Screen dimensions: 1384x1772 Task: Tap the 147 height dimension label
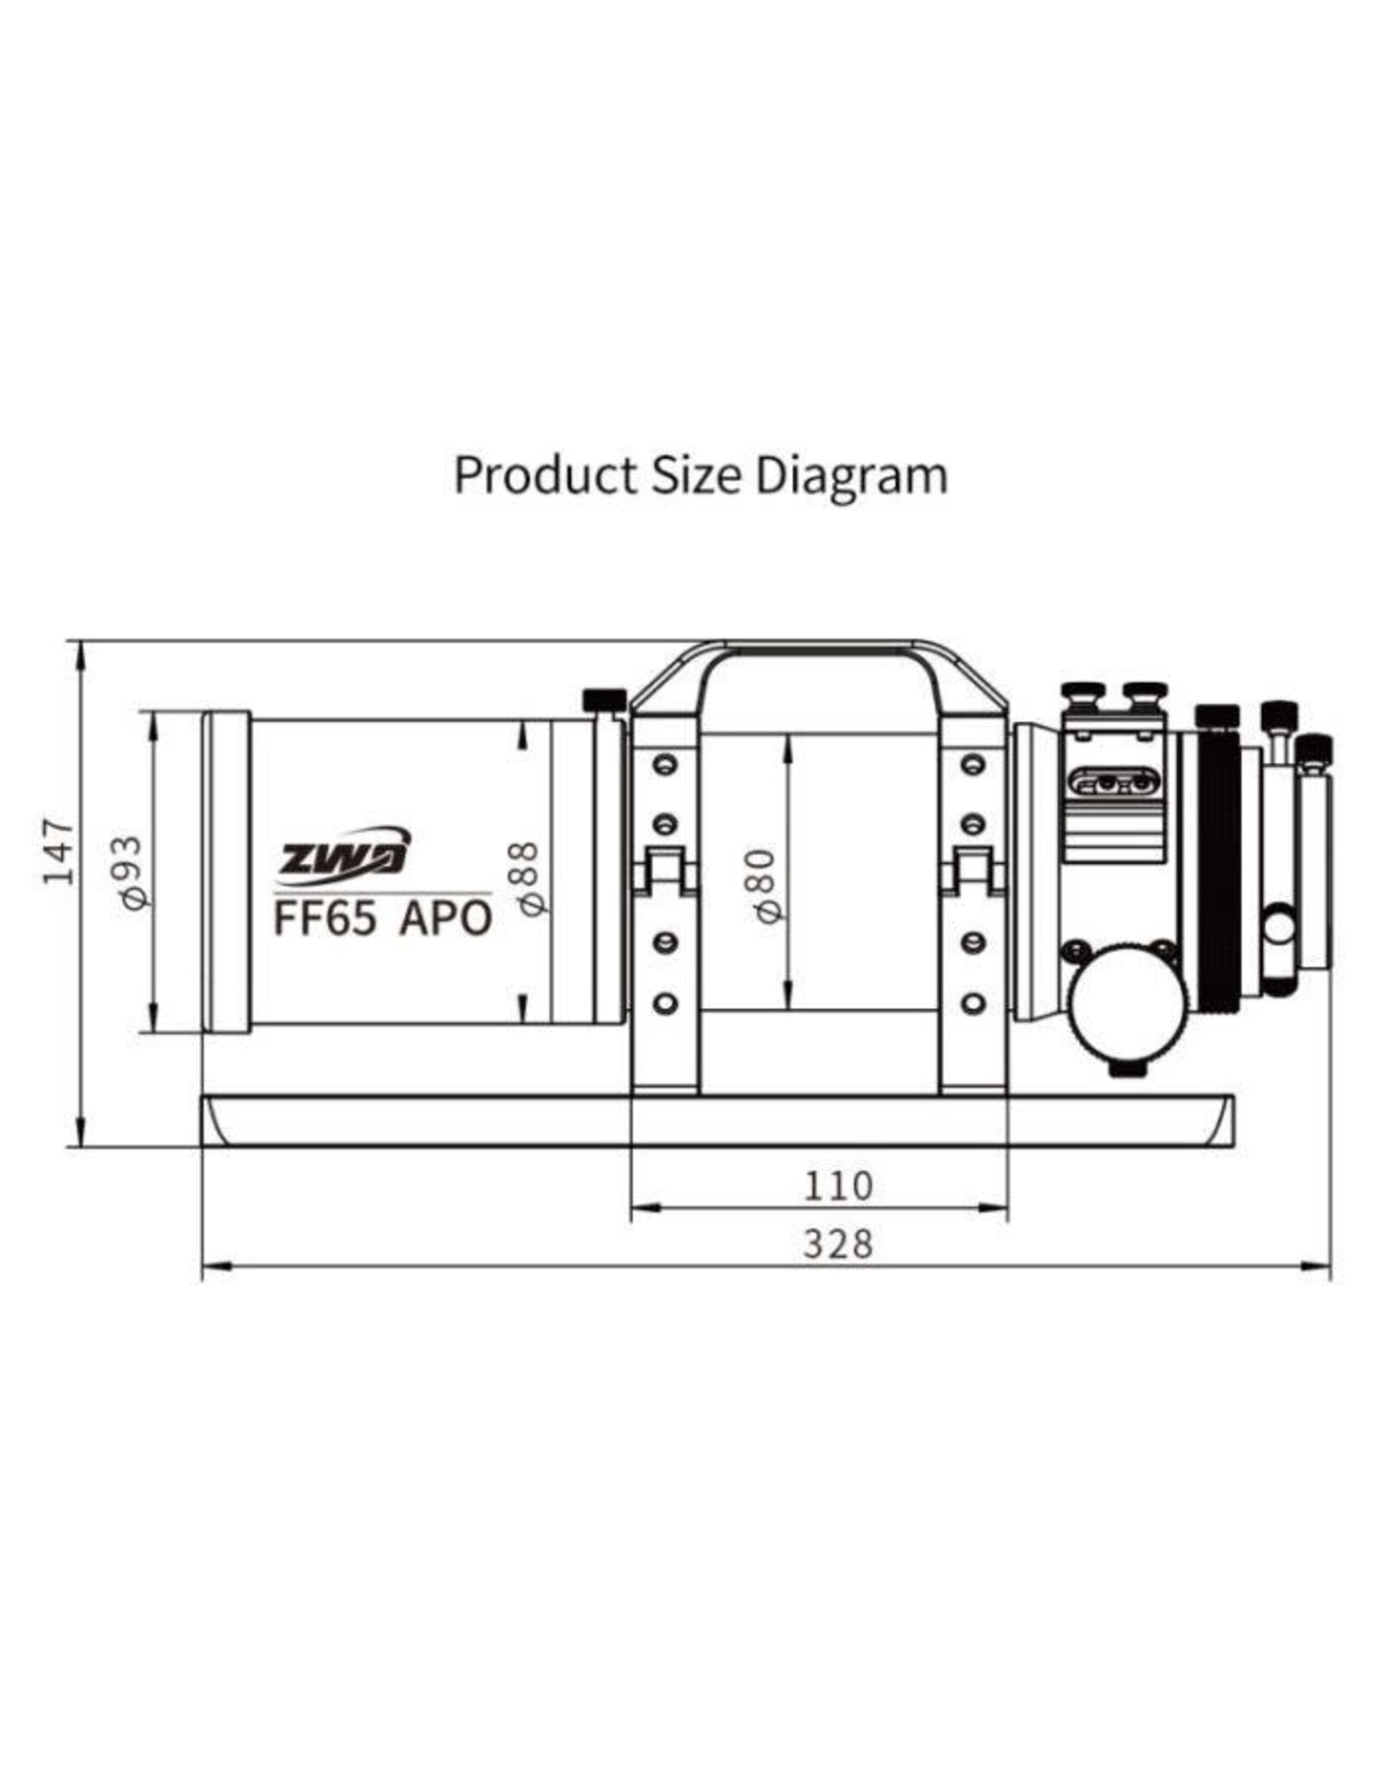coord(60,851)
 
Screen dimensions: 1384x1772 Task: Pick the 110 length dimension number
coord(838,1185)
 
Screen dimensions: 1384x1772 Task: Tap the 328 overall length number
coord(838,1244)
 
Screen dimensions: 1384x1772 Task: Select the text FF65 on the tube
coord(325,918)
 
